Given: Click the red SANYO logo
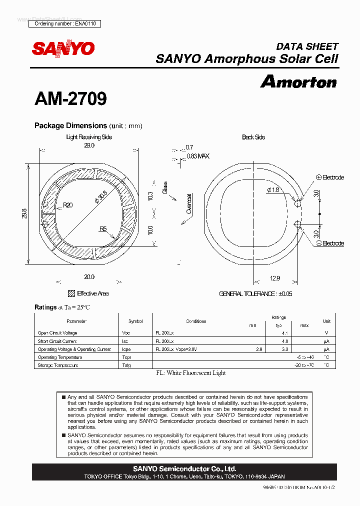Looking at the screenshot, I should (63, 48).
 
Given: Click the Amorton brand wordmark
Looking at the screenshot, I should (298, 81).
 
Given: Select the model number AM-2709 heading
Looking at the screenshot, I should (70, 98).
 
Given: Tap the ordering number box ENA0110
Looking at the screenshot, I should (65, 23).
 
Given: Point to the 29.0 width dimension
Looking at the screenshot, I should (89, 145).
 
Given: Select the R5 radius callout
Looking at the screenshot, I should (103, 229).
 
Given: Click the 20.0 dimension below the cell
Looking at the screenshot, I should (89, 276).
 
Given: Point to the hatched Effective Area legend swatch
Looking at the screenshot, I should (71, 293).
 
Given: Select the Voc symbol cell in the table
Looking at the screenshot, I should (126, 333).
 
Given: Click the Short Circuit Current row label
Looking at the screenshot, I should (57, 341).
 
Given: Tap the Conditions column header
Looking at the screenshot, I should (196, 321).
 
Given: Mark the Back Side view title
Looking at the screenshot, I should (253, 137).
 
